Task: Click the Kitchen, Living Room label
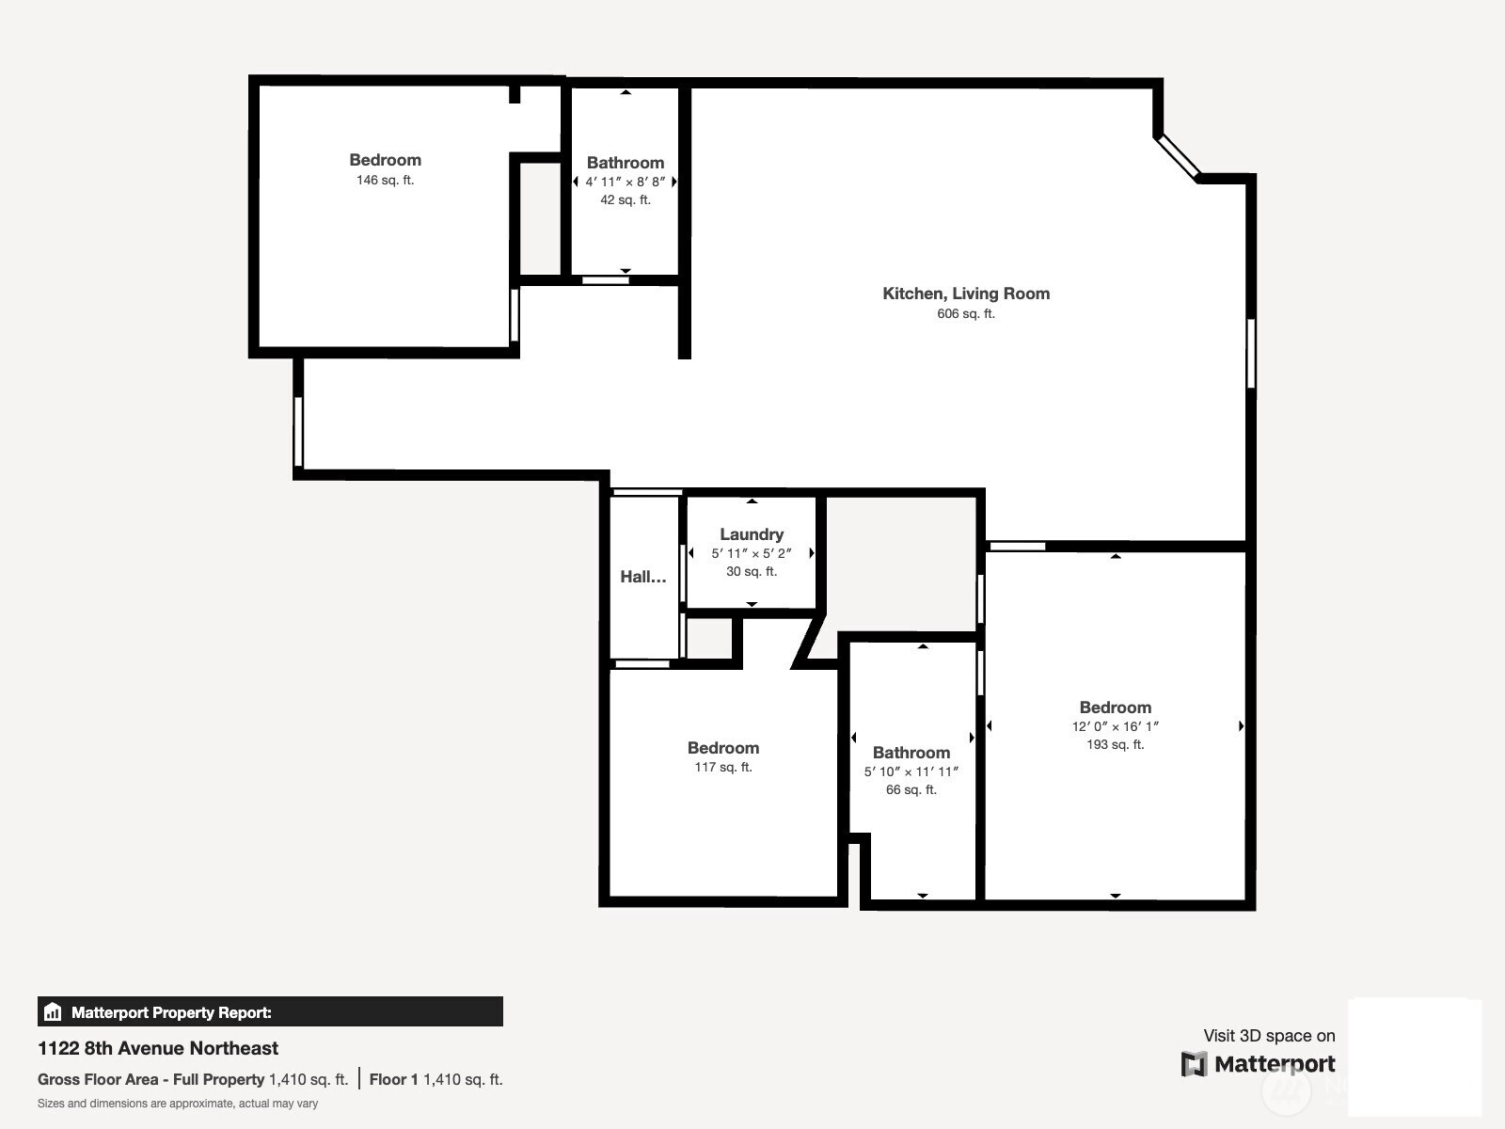click(x=965, y=294)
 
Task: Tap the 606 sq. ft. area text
click(x=965, y=313)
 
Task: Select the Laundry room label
click(x=752, y=534)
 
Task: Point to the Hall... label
click(x=643, y=577)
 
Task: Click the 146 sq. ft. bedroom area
click(x=385, y=180)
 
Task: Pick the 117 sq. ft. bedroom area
click(x=722, y=767)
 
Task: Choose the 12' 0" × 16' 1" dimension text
click(x=1115, y=726)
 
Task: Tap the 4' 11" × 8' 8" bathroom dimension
click(x=625, y=182)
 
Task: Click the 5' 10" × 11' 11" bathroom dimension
click(x=911, y=771)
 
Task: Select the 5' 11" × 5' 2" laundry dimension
click(x=751, y=552)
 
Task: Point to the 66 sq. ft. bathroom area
click(x=911, y=789)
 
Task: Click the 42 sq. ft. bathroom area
click(x=625, y=199)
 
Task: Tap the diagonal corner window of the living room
click(x=1179, y=158)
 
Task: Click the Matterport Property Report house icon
click(x=53, y=1011)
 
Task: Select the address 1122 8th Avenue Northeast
click(x=158, y=1048)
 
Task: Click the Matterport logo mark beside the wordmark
click(x=1194, y=1064)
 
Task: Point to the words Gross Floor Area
click(x=98, y=1080)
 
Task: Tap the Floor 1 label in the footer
click(x=393, y=1080)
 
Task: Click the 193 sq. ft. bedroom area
click(x=1115, y=744)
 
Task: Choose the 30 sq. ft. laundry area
click(x=751, y=571)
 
